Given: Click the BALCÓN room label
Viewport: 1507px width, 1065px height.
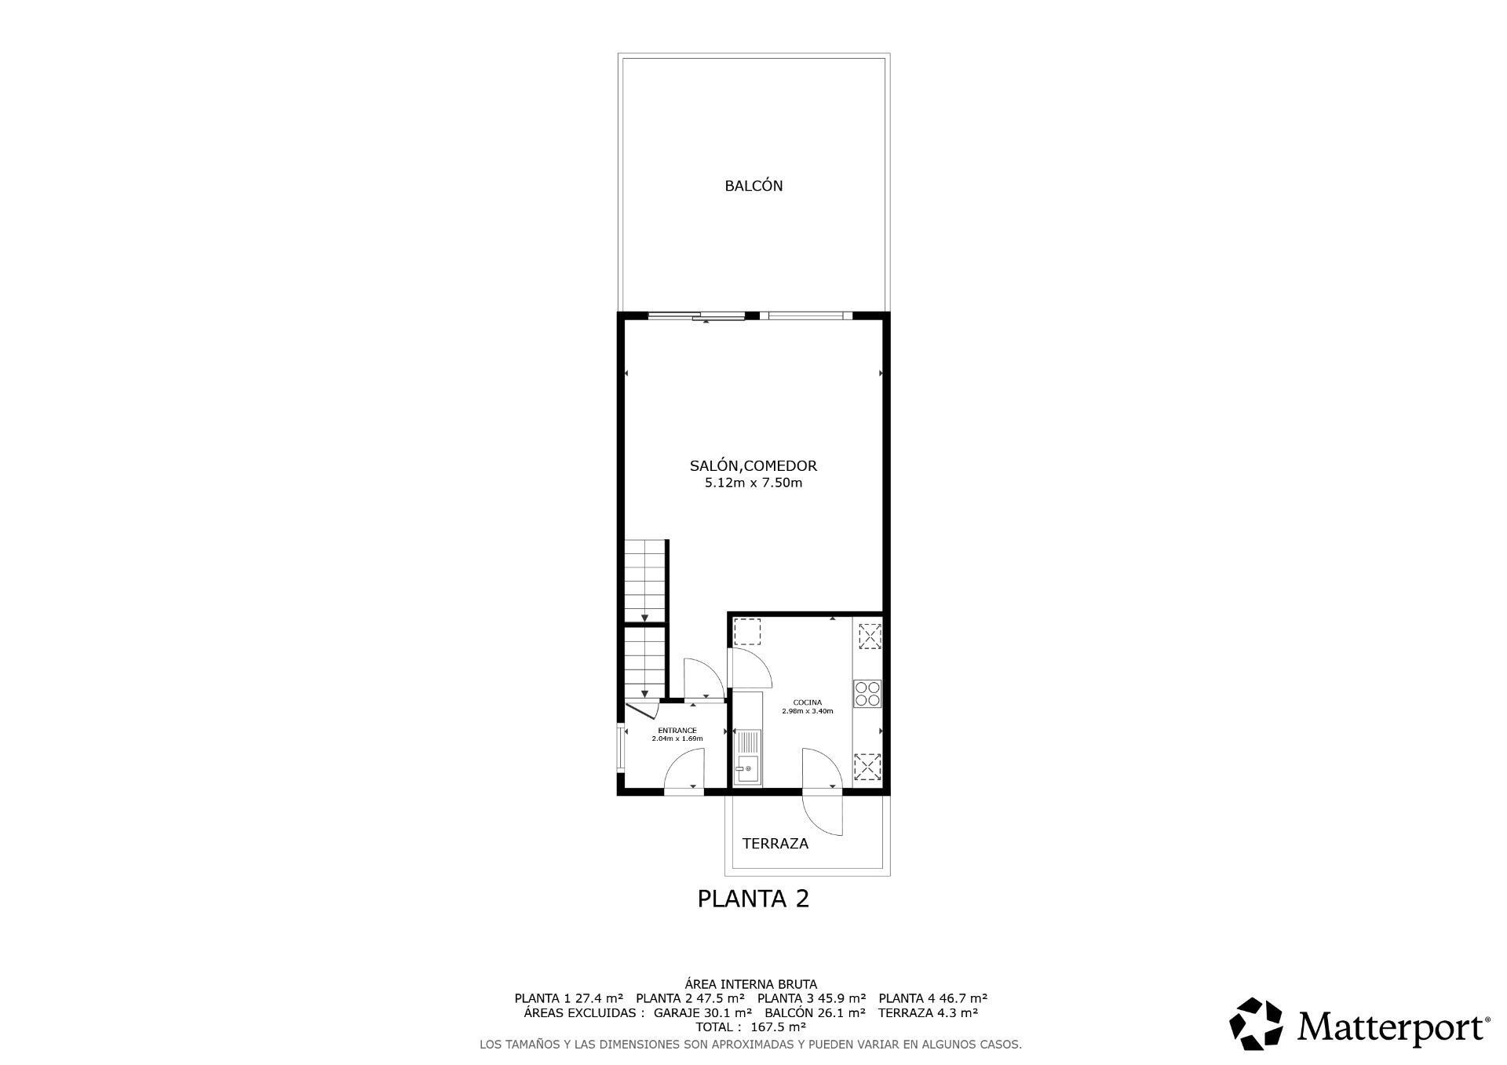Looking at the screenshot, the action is tap(753, 186).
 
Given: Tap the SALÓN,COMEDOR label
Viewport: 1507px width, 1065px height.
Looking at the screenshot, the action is tap(753, 465).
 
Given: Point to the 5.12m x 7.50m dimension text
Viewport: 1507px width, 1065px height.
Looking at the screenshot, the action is tap(753, 483).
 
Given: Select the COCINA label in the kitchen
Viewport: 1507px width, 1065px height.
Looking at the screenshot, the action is tap(808, 702).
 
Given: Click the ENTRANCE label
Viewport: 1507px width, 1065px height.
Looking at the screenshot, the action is tap(677, 731).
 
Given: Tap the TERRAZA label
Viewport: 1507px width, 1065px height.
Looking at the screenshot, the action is tap(775, 844).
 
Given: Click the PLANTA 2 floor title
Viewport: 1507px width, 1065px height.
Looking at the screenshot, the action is tap(753, 898).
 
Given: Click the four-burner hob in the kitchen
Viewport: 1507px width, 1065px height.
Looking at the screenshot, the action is tap(867, 694).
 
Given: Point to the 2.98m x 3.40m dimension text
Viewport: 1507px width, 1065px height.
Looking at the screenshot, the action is tap(808, 711).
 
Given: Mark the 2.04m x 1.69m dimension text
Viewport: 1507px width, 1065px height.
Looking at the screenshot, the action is tap(677, 739).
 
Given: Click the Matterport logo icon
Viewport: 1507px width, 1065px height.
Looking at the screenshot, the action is tap(1256, 1023).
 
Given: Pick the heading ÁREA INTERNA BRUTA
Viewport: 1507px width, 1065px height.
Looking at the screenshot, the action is tap(751, 984).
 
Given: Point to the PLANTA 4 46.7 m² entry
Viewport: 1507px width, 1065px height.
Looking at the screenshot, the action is tap(933, 998).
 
